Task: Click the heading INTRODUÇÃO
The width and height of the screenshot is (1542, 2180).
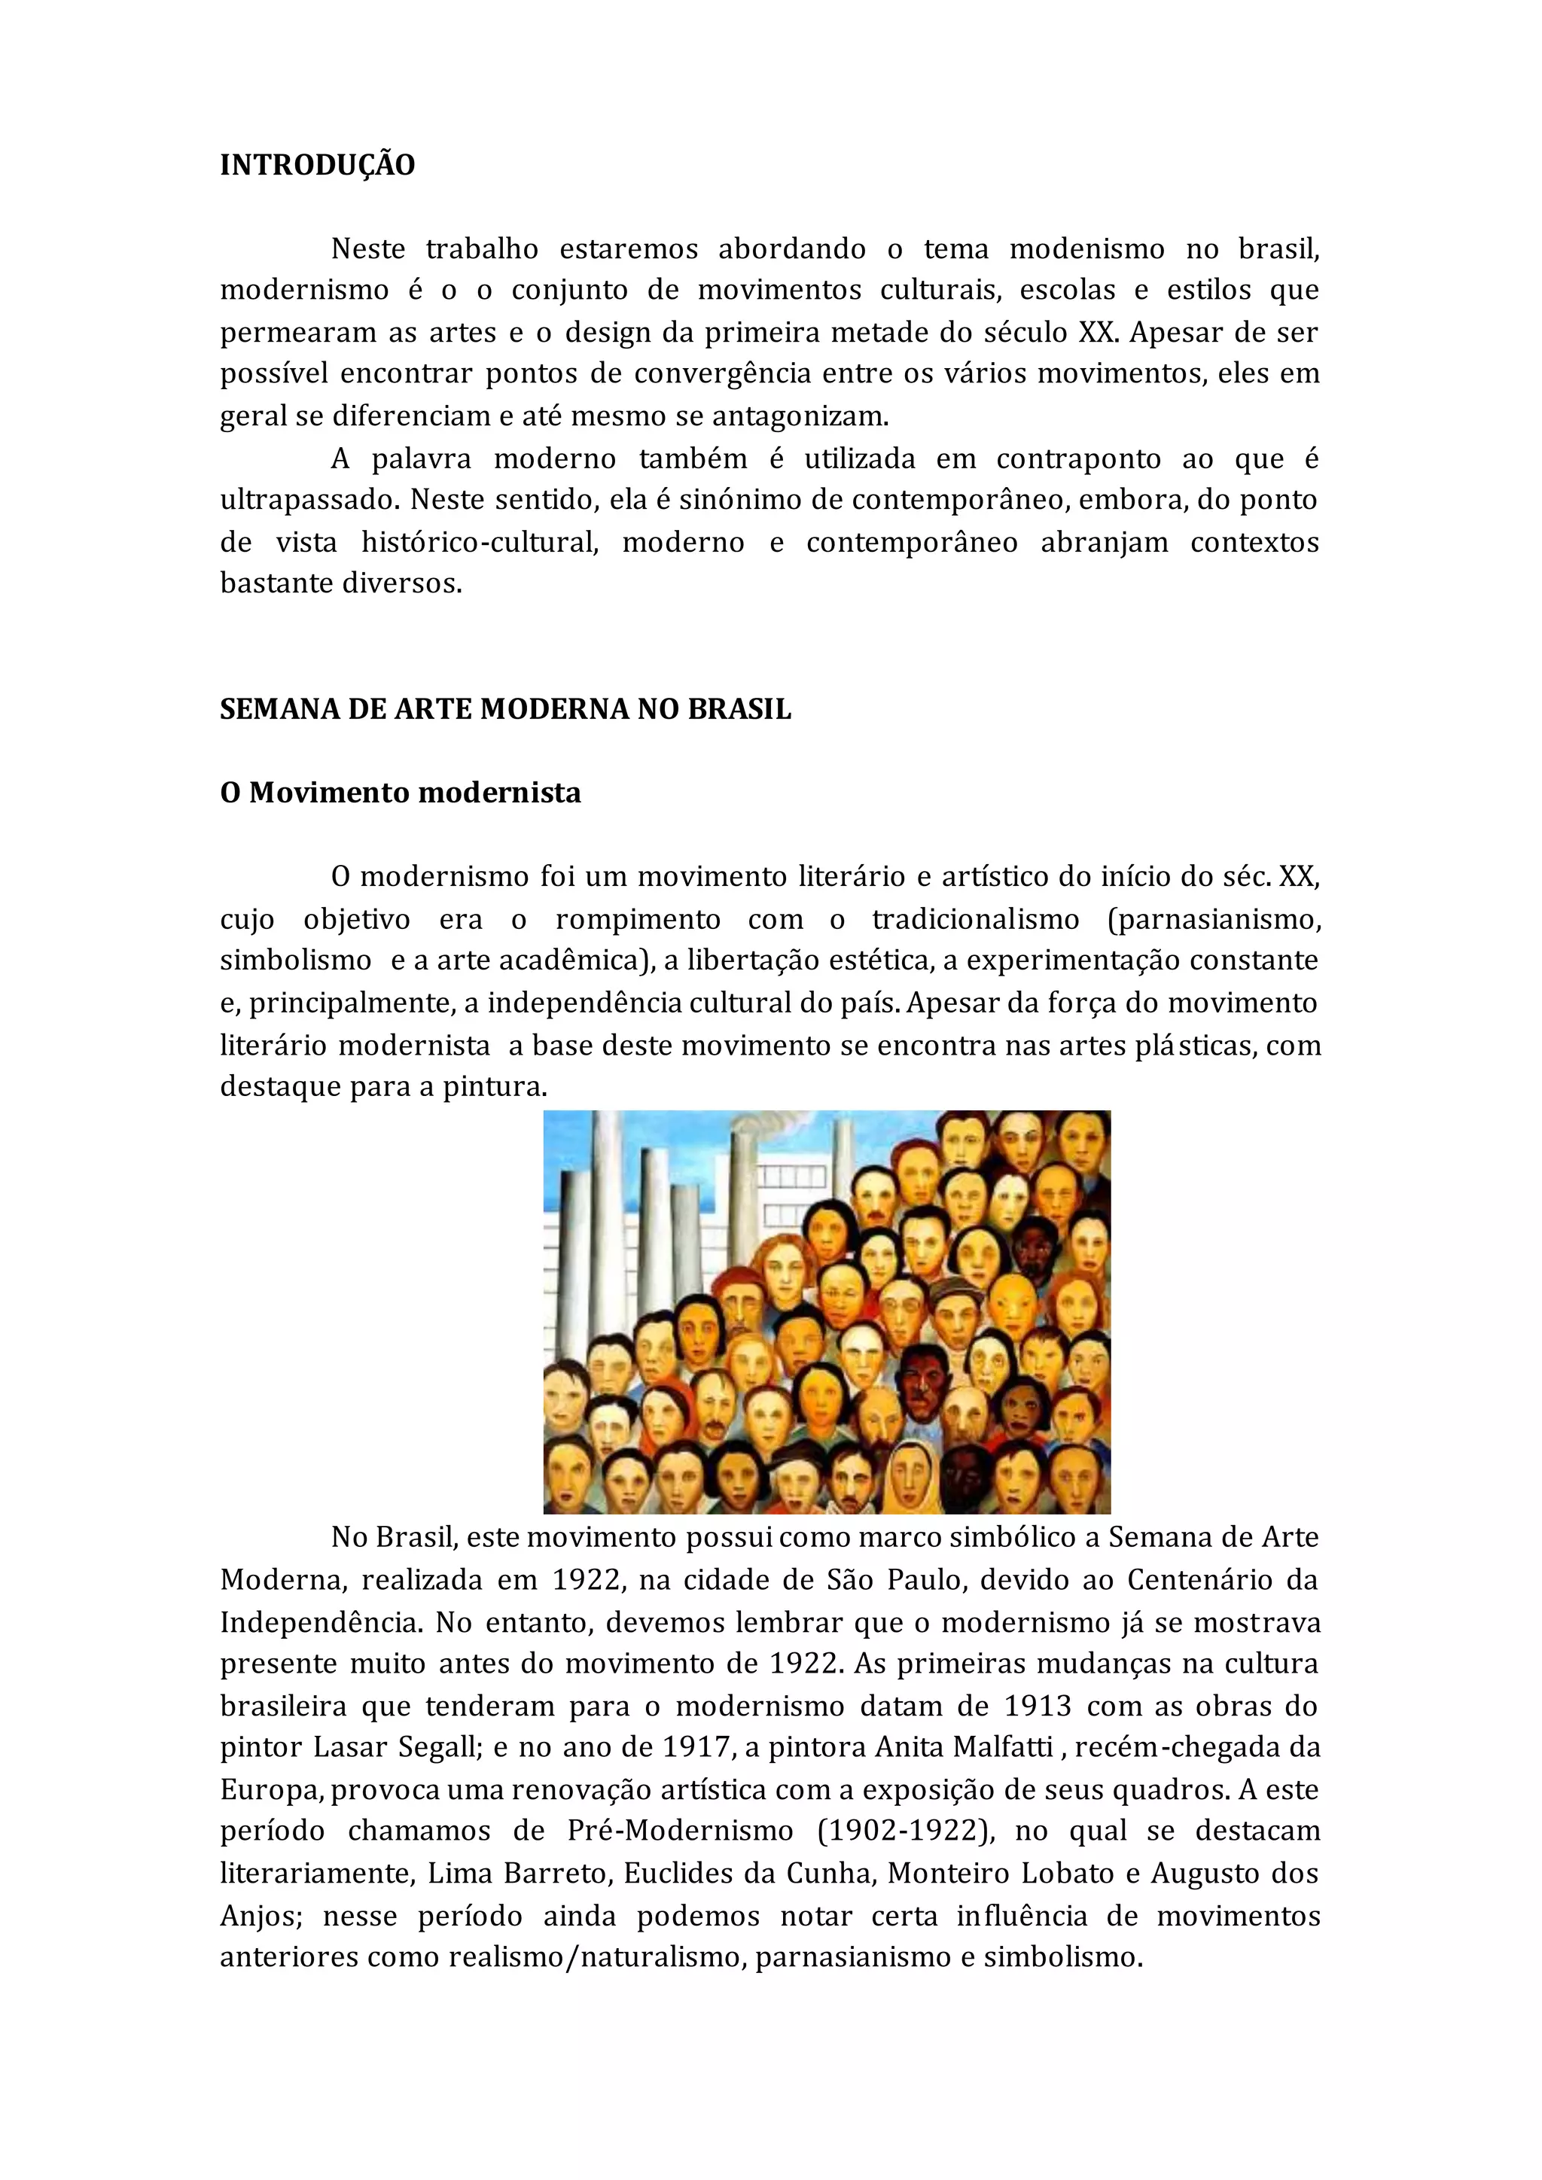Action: [x=317, y=165]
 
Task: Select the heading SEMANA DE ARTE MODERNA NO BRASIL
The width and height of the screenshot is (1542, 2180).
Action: [x=505, y=709]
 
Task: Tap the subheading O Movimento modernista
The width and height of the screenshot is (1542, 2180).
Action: [x=400, y=793]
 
